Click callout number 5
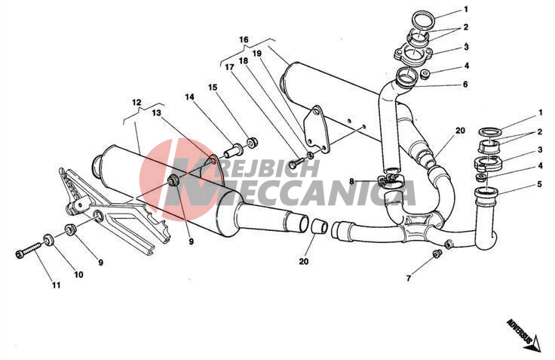539,184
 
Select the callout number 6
465,84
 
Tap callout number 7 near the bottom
409,278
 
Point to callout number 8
351,182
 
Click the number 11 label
57,285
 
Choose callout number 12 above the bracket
136,103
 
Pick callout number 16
244,39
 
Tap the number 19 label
257,53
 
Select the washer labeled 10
48,240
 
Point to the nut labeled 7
437,254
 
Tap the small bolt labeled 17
296,163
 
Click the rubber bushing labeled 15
252,143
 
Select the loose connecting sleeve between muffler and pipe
319,226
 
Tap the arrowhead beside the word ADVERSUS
537,343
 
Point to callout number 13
156,112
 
